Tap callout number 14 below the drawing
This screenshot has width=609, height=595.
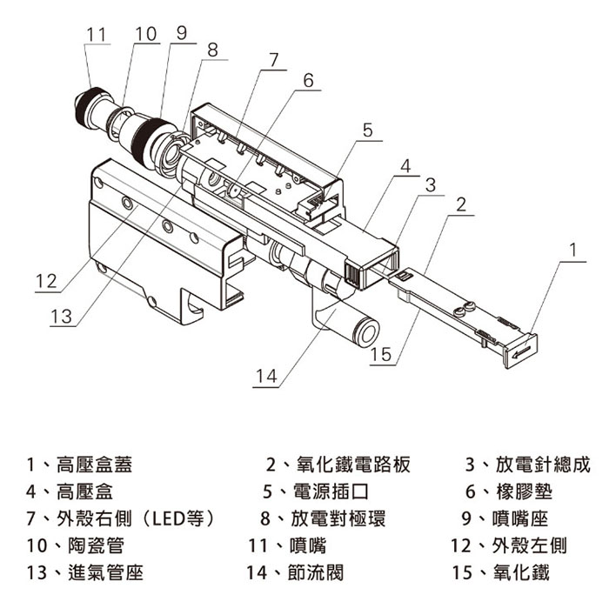(x=266, y=376)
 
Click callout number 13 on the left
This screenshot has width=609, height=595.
(x=62, y=317)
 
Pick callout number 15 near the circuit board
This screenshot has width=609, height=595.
(x=381, y=355)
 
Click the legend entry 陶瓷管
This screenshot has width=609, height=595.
(x=90, y=546)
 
